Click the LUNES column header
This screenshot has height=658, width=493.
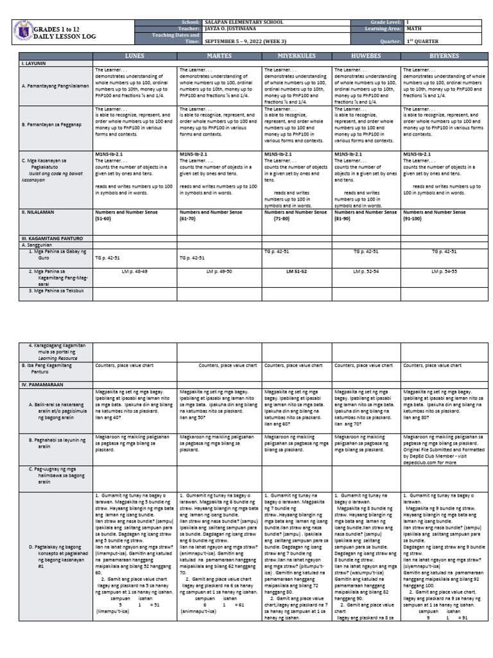click(x=134, y=56)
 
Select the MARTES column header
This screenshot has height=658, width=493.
click(x=219, y=56)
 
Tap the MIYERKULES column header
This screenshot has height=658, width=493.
click(x=297, y=56)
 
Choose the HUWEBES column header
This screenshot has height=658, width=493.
click(x=367, y=56)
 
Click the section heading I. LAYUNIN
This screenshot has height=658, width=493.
click(x=33, y=64)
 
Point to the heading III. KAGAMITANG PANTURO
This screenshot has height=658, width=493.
click(x=49, y=238)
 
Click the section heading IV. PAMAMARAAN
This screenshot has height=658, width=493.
click(x=42, y=384)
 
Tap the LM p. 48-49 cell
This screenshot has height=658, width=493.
click(x=134, y=272)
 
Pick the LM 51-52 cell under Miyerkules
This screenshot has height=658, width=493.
click(x=297, y=272)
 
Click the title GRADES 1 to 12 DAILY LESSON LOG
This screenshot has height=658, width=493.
click(x=64, y=33)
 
